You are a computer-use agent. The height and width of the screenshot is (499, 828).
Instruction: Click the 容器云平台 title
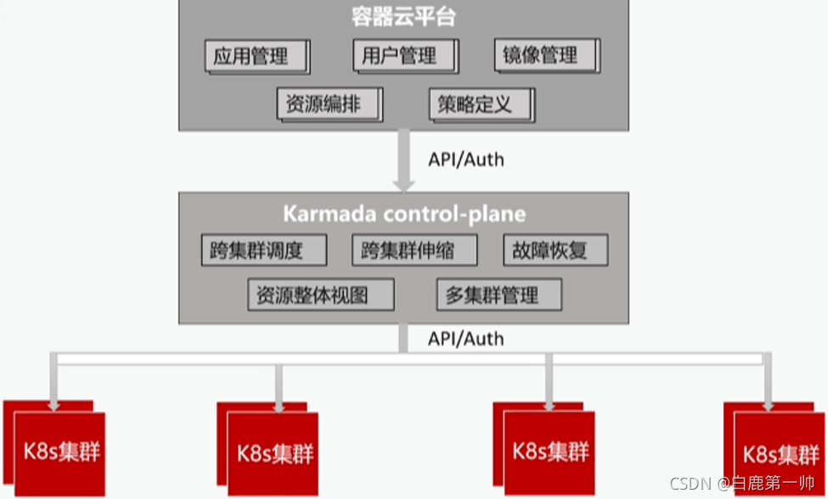(403, 17)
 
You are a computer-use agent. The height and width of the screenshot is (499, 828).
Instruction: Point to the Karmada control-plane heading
(404, 213)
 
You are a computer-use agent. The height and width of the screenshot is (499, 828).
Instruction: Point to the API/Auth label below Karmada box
(465, 339)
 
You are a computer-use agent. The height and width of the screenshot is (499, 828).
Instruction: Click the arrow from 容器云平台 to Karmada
(404, 160)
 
